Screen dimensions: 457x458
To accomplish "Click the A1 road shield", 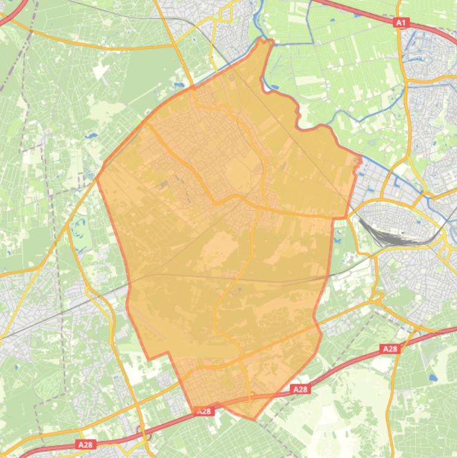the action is (401, 23).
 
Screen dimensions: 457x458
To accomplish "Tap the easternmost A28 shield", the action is (390, 349).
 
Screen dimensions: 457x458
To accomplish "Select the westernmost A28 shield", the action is (85, 444).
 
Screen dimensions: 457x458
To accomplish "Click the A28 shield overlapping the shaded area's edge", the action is (204, 411).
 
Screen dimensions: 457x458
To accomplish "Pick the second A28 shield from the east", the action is (300, 390).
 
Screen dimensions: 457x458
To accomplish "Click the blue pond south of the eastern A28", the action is (433, 377).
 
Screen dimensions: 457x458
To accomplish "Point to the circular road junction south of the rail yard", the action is (375, 296).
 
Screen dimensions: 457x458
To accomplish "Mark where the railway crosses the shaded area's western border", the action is (128, 286).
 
